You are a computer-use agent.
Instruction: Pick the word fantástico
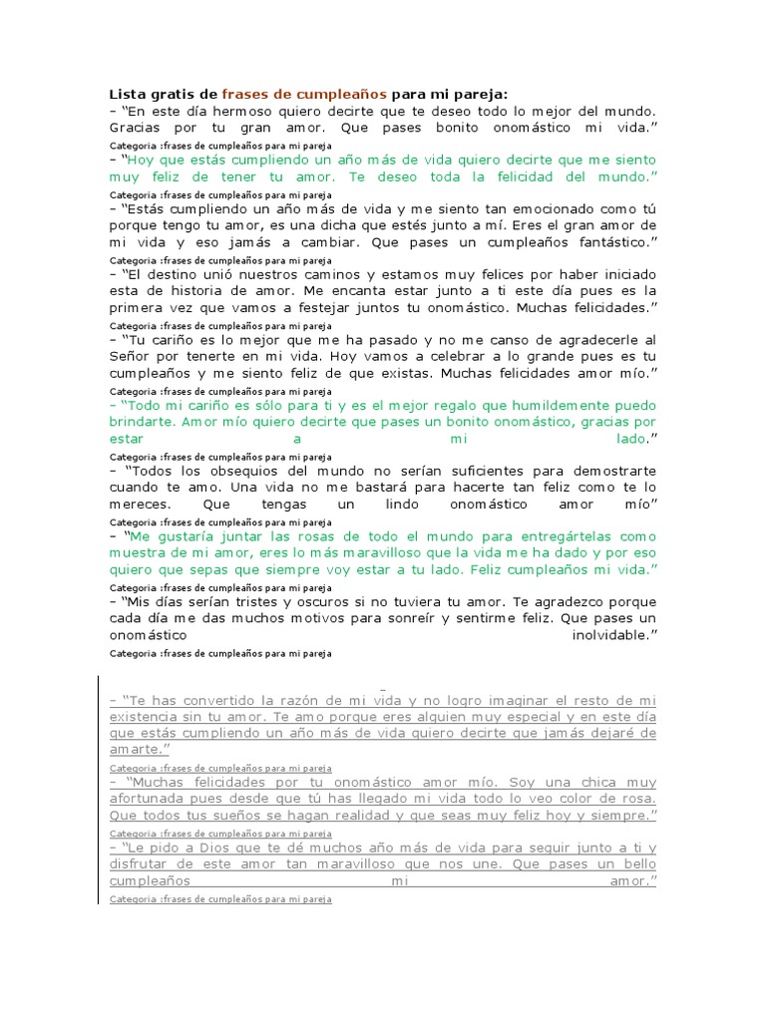point(608,243)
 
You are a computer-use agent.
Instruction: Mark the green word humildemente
point(546,405)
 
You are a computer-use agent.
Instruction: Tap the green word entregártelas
point(578,535)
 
